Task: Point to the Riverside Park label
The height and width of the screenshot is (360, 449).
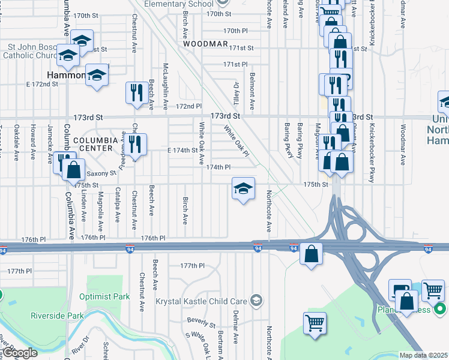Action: tap(57, 316)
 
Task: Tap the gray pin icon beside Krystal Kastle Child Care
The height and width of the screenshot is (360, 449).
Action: tap(256, 300)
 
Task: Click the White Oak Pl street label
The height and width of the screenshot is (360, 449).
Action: tap(236, 138)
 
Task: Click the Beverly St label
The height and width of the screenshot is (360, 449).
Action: tap(200, 320)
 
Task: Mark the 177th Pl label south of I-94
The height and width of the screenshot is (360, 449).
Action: tap(193, 265)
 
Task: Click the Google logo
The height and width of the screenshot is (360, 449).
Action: tap(20, 353)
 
